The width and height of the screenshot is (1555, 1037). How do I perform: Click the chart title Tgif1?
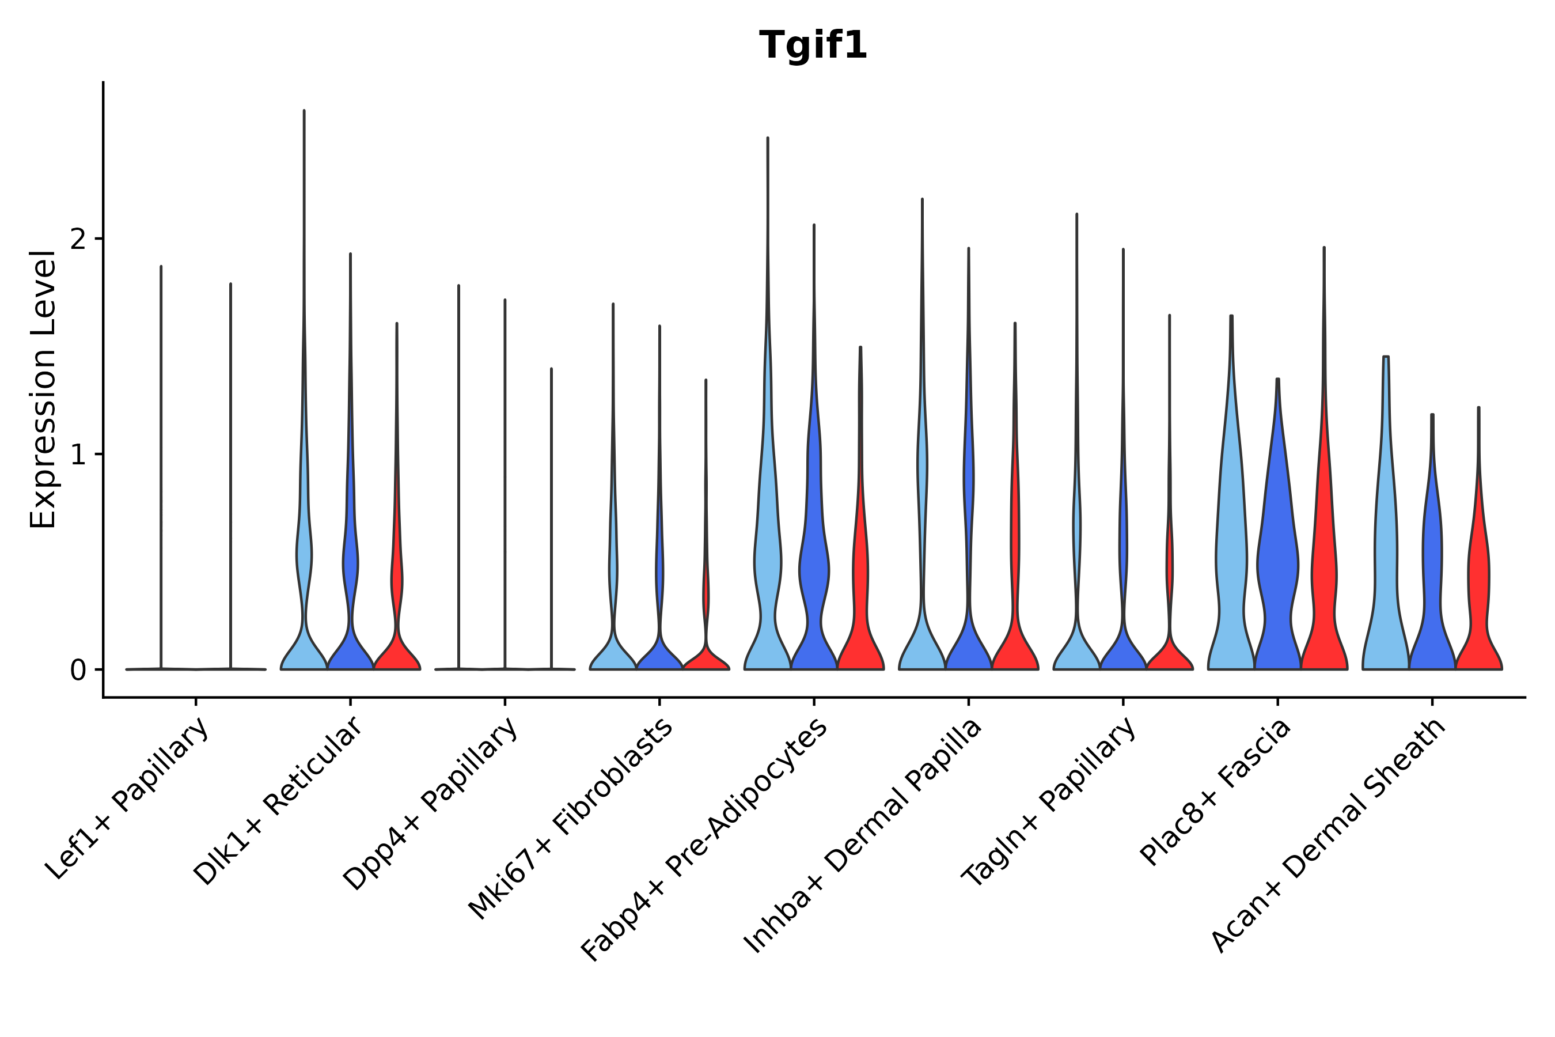(813, 46)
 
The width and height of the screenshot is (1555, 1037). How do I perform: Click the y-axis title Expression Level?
(43, 389)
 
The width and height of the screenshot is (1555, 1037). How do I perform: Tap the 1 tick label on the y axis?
(78, 455)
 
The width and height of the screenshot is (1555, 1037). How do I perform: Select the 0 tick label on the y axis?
(78, 671)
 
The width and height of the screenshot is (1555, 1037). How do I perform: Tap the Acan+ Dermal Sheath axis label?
(1329, 836)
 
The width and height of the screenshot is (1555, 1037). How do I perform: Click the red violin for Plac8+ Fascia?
(1323, 595)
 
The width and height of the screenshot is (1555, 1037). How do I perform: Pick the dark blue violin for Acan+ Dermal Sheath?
(1432, 595)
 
